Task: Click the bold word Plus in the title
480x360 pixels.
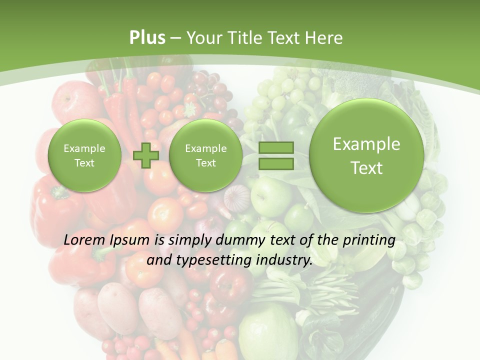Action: click(147, 38)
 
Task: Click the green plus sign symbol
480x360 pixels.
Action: click(146, 155)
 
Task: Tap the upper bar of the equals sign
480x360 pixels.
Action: click(276, 148)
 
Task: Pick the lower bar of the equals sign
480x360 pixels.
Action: click(276, 164)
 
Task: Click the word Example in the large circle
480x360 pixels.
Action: click(366, 144)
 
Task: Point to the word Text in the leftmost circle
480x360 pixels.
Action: click(84, 163)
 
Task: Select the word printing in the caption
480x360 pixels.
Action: click(370, 240)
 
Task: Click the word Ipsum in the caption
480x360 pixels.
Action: click(129, 240)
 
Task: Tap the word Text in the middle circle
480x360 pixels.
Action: click(205, 163)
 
